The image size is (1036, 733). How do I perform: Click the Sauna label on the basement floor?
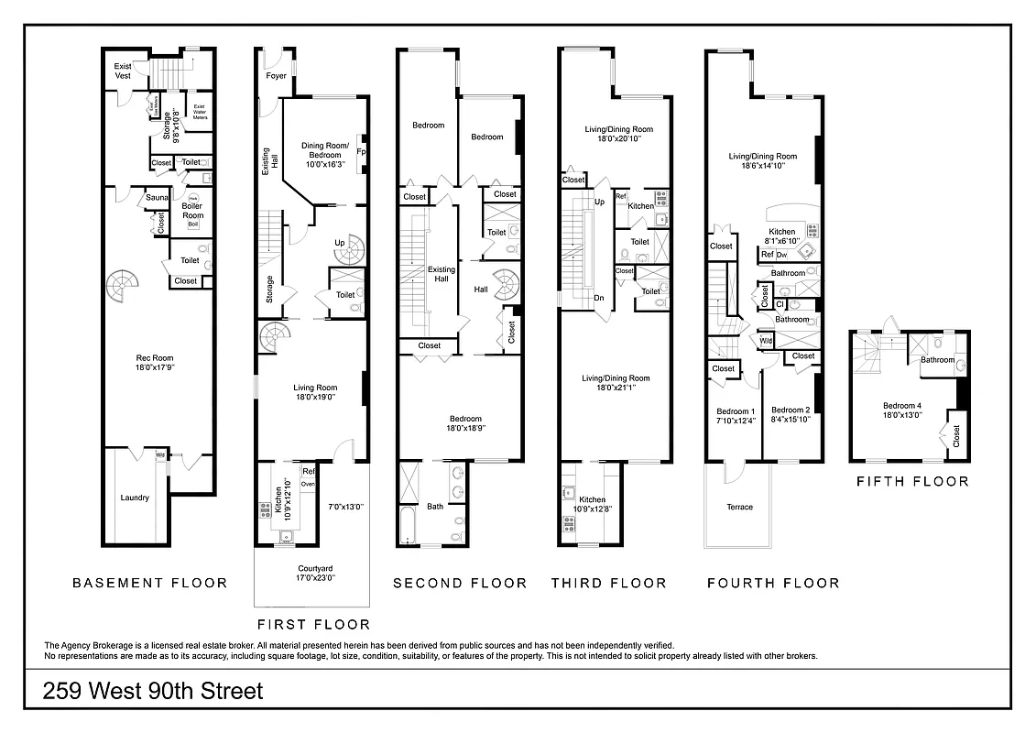pos(155,198)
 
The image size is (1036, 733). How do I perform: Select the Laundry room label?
pos(134,498)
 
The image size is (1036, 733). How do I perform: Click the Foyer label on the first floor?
pos(276,76)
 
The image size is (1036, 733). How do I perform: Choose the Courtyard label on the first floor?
pos(316,573)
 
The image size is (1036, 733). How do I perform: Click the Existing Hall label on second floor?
pos(442,274)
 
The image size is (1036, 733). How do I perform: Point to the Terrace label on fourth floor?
pos(739,507)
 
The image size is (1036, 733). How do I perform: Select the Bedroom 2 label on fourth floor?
pos(791,414)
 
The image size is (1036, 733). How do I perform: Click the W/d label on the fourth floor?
pos(766,341)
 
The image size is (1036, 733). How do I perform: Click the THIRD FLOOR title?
pos(608,583)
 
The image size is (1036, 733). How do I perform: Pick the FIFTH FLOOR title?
pos(911,481)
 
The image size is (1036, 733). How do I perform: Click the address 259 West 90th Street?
pos(153,691)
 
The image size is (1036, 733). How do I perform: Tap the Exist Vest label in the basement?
pos(123,71)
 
